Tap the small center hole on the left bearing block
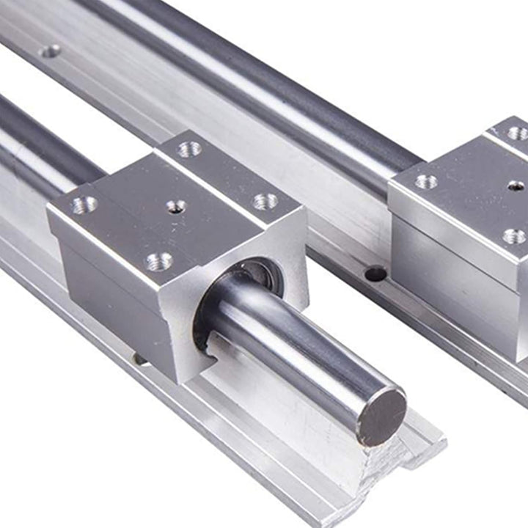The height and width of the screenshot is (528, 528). click(x=175, y=207)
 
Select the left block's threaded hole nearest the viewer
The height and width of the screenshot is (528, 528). click(x=159, y=261)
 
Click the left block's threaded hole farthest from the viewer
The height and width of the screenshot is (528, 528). click(x=189, y=149)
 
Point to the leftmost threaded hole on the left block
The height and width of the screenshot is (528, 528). click(x=83, y=204)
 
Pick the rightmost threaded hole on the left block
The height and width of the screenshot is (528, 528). click(x=265, y=201)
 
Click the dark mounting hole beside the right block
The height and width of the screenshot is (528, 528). click(x=375, y=274)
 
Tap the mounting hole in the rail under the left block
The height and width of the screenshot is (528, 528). click(x=139, y=359)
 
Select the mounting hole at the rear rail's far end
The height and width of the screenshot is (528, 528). click(x=50, y=51)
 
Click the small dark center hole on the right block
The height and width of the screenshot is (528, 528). click(x=516, y=186)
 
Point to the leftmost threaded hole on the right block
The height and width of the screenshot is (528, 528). click(x=425, y=181)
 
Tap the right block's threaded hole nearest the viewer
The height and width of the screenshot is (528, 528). click(x=514, y=236)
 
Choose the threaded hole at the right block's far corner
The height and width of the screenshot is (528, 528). click(x=517, y=133)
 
